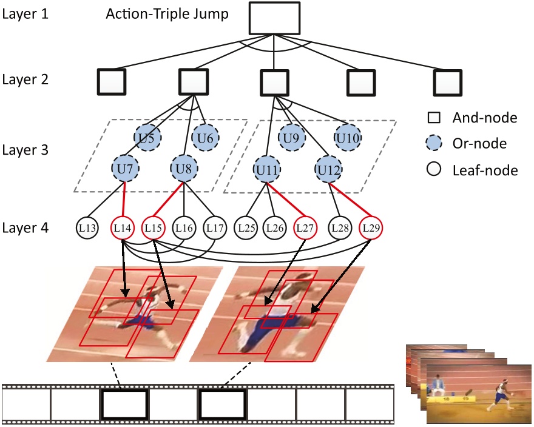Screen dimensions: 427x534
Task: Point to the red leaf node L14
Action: pos(123,229)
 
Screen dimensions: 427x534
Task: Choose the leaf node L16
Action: pos(184,229)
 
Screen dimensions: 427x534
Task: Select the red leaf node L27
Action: pos(305,229)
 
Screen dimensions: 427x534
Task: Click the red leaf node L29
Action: pos(370,229)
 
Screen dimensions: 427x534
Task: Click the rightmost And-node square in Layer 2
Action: pos(448,82)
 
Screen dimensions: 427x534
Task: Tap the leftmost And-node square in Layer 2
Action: pos(111,82)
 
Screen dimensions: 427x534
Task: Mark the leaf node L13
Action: pos(89,229)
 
